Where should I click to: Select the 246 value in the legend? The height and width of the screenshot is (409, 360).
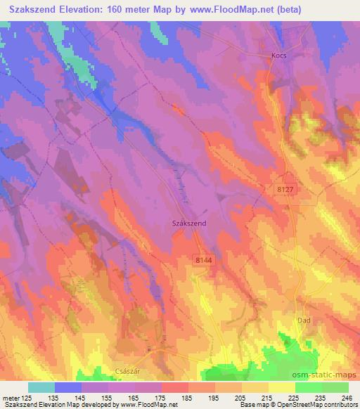click(347, 398)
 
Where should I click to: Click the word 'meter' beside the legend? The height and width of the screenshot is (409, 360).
click(10, 398)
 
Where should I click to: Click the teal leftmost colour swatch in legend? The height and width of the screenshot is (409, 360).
click(41, 387)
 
